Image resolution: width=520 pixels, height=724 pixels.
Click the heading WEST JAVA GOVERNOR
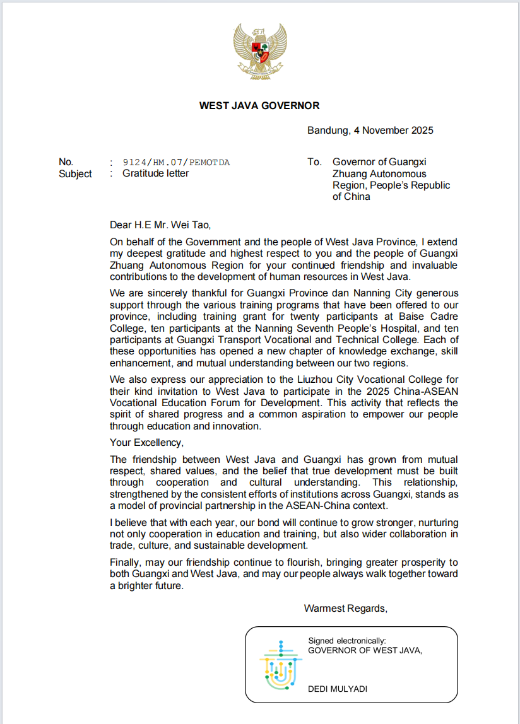point(259,106)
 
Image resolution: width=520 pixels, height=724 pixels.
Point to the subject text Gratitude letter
point(155,173)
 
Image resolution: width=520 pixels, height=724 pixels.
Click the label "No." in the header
point(66,162)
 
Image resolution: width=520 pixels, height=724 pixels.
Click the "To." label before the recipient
point(314,162)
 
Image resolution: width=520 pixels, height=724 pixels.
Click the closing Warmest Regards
point(345,608)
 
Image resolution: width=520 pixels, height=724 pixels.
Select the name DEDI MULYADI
point(338,689)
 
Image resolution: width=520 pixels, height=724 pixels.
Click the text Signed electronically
point(346,641)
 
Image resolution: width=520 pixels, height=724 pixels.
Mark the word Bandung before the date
point(328,131)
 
